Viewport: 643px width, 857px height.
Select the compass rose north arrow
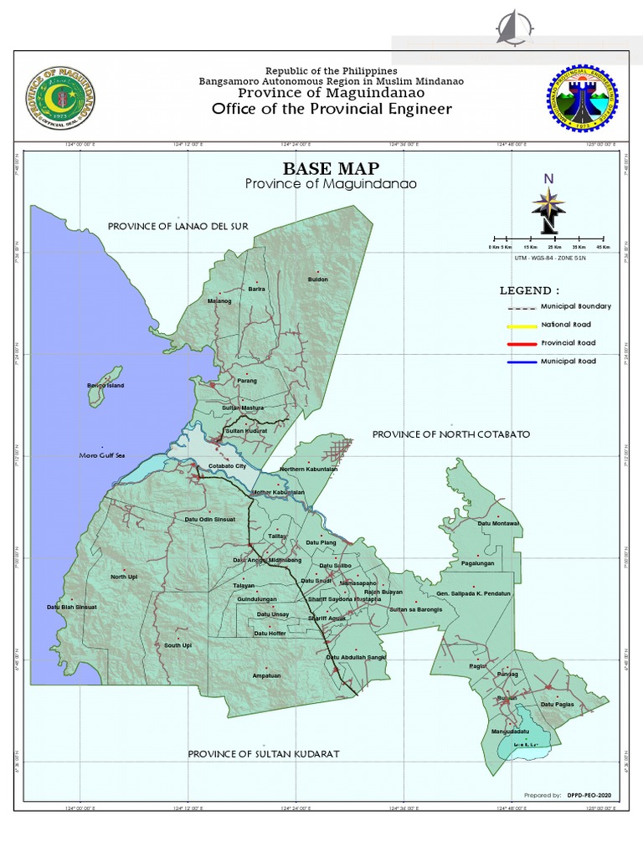(548, 205)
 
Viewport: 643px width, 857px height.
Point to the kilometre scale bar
(549, 239)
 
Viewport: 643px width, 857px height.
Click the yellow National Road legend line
(521, 325)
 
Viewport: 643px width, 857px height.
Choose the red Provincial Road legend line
(521, 343)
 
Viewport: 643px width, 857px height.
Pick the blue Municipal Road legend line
(521, 362)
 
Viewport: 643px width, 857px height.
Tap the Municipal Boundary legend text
(576, 306)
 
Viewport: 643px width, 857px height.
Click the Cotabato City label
(227, 465)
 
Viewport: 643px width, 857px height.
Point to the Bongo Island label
(105, 386)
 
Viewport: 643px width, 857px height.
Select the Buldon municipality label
(318, 279)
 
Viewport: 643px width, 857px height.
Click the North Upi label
(123, 577)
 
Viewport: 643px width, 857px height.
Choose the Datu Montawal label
(498, 523)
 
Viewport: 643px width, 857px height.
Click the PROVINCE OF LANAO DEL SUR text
(177, 226)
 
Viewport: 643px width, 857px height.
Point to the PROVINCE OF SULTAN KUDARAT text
(263, 754)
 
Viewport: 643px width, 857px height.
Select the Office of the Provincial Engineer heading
(331, 109)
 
